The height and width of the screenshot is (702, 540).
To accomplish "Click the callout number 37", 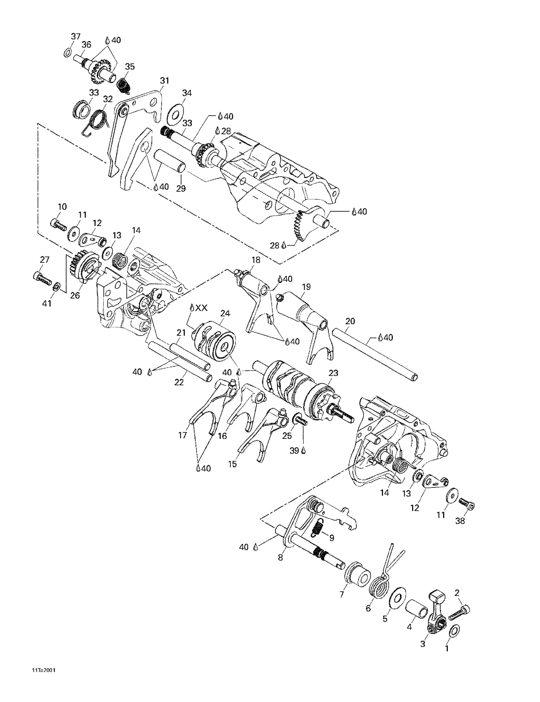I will (x=76, y=36).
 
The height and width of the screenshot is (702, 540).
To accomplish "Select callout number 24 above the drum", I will (x=225, y=313).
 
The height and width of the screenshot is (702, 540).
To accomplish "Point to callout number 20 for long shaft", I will (x=350, y=321).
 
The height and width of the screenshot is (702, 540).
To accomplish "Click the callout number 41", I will (x=47, y=304).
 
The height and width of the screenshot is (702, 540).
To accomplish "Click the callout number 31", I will (x=165, y=81).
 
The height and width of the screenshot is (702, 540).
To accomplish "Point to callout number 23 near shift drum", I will (x=334, y=373).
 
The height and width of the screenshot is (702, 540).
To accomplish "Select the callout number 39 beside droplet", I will (x=294, y=450).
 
